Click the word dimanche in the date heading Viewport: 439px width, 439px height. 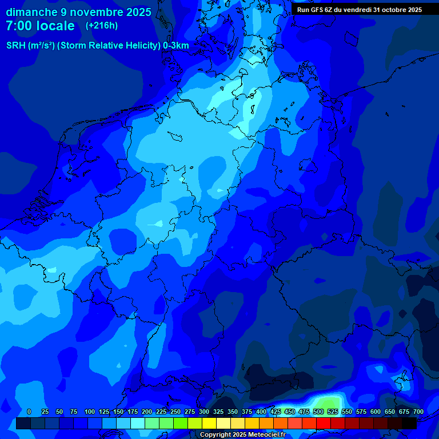[31, 12]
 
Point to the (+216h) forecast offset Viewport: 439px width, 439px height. [102, 26]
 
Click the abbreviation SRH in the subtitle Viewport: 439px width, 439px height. [16, 46]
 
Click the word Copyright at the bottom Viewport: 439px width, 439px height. [215, 435]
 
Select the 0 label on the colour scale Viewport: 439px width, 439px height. [29, 412]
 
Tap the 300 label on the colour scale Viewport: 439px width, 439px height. [204, 412]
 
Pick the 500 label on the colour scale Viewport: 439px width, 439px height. [318, 412]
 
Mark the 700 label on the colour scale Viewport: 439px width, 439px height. [418, 412]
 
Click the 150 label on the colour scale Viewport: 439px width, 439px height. [118, 412]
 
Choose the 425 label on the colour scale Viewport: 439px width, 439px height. [276, 412]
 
